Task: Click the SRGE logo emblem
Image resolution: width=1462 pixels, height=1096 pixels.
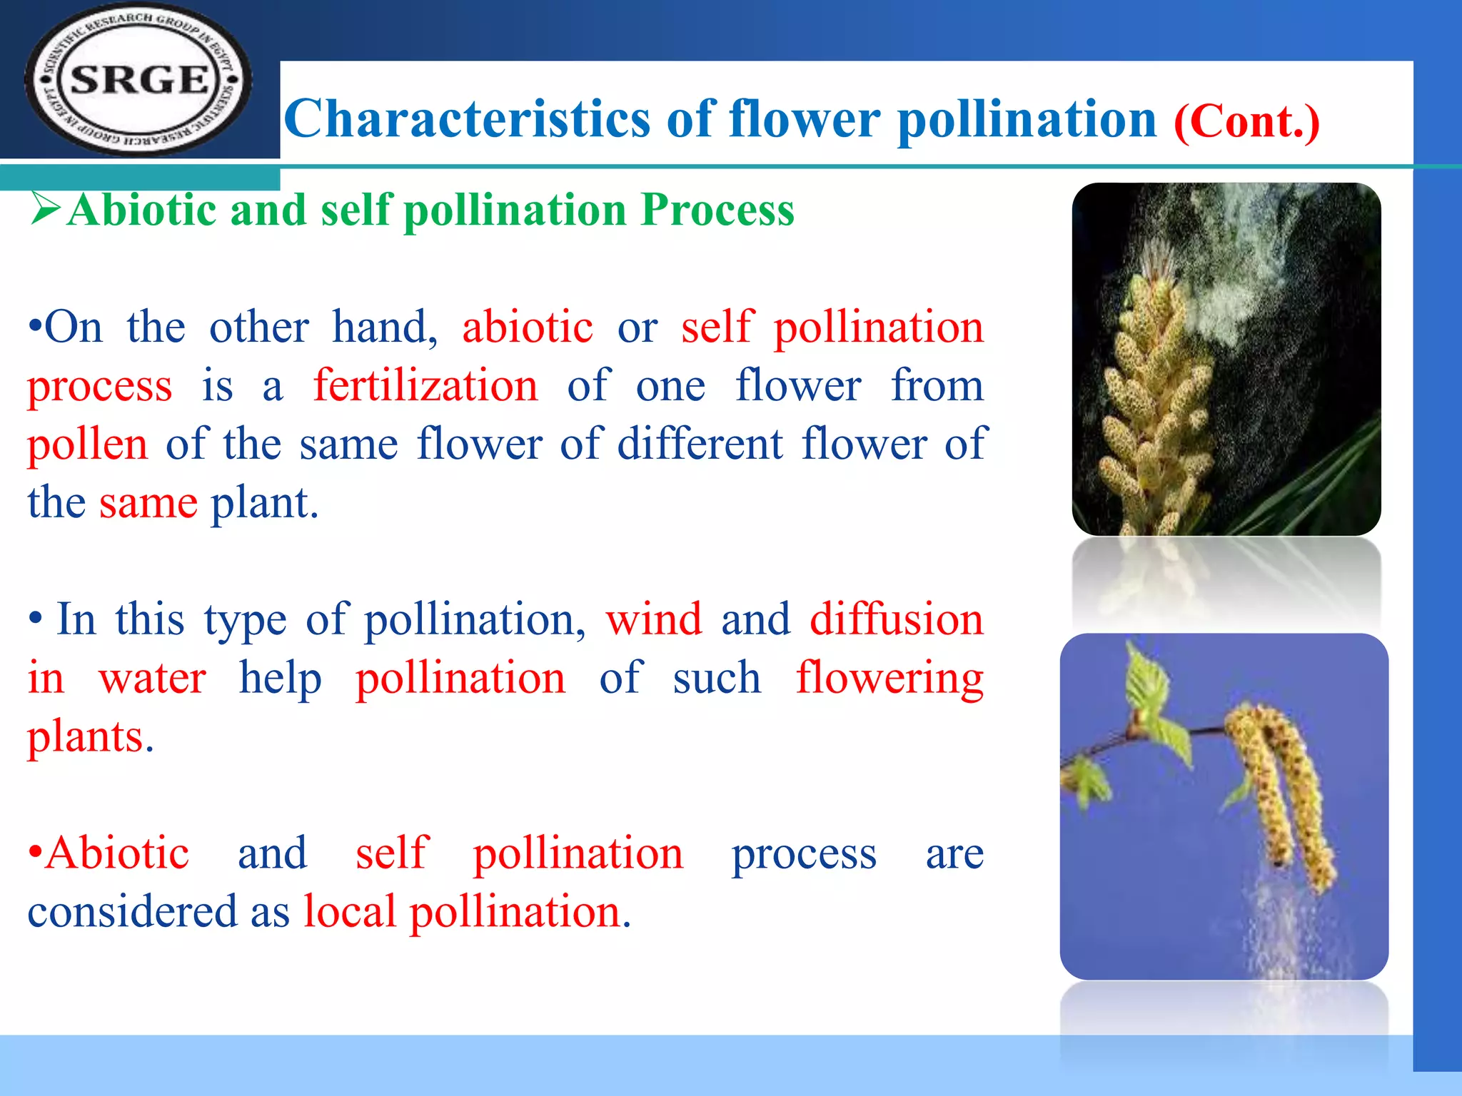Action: pos(139,80)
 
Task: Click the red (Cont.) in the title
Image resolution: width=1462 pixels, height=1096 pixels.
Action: pos(1246,121)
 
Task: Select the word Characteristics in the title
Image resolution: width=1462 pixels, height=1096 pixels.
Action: pos(467,119)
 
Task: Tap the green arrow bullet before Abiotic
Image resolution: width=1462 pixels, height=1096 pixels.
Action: pos(45,209)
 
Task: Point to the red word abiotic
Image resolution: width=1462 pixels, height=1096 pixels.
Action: pos(527,328)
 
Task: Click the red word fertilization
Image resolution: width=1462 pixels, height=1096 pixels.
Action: pos(425,386)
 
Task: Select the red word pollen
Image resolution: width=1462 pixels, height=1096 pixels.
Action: pos(87,445)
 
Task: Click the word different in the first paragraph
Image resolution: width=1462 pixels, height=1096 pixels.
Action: pos(700,444)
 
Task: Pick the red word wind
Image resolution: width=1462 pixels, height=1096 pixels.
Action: pos(654,619)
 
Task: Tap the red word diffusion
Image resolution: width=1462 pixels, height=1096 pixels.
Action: pos(896,619)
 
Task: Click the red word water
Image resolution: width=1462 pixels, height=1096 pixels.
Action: pos(152,678)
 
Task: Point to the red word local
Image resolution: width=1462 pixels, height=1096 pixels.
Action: pos(349,912)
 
